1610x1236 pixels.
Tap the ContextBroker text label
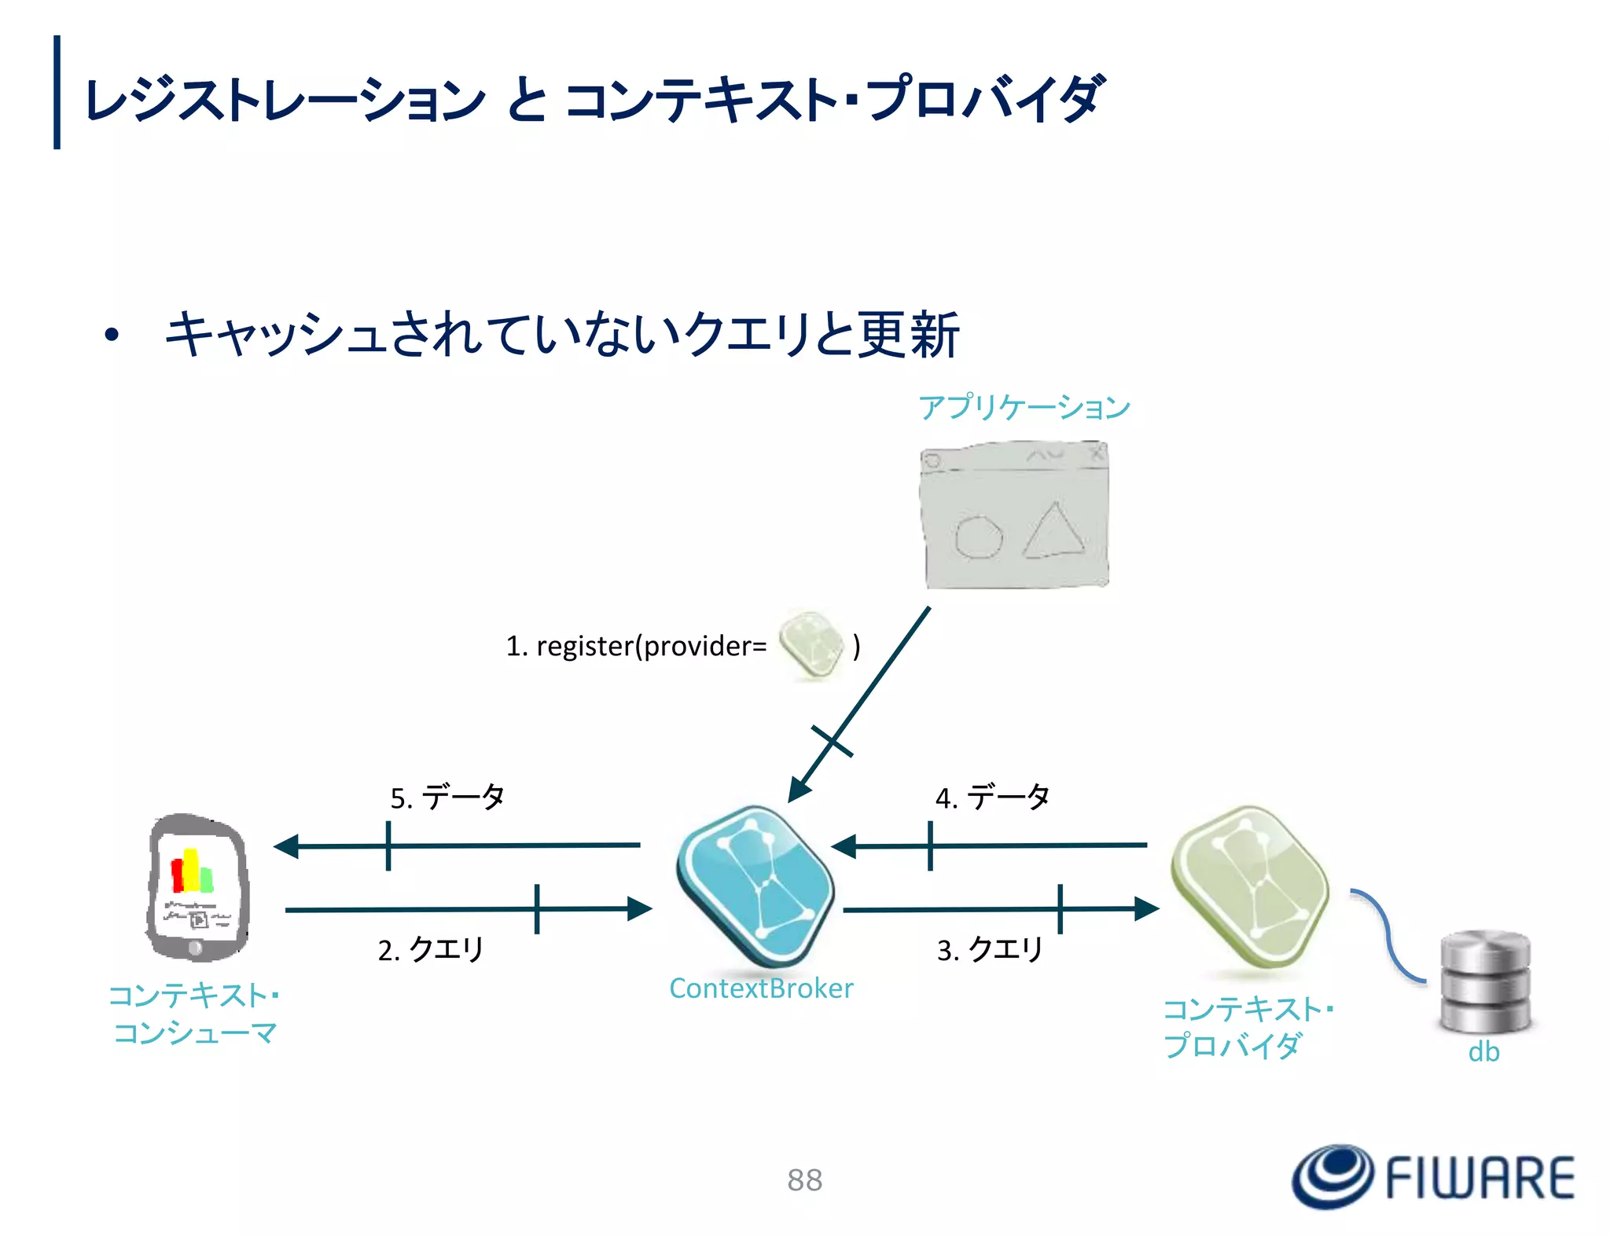tap(760, 988)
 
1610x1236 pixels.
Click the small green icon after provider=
tap(811, 645)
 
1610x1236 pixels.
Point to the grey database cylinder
tap(1485, 982)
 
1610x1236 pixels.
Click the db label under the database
tap(1483, 1052)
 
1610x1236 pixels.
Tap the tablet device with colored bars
tap(197, 887)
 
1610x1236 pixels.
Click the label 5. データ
tap(447, 798)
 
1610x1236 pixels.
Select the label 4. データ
tap(992, 798)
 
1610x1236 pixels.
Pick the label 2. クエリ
tap(431, 949)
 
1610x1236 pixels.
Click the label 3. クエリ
tap(990, 949)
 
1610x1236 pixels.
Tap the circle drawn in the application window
tap(978, 537)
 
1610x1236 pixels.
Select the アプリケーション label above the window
tap(1024, 407)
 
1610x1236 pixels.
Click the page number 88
tap(804, 1179)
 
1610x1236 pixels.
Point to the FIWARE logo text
tap(1480, 1178)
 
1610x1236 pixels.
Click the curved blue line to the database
tap(1388, 935)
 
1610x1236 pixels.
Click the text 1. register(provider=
tap(635, 646)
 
